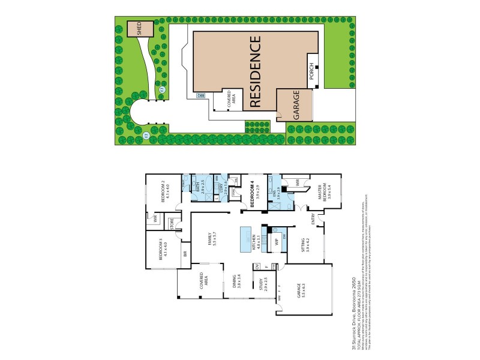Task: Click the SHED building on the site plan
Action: click(139, 29)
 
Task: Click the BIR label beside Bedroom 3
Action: click(185, 255)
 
